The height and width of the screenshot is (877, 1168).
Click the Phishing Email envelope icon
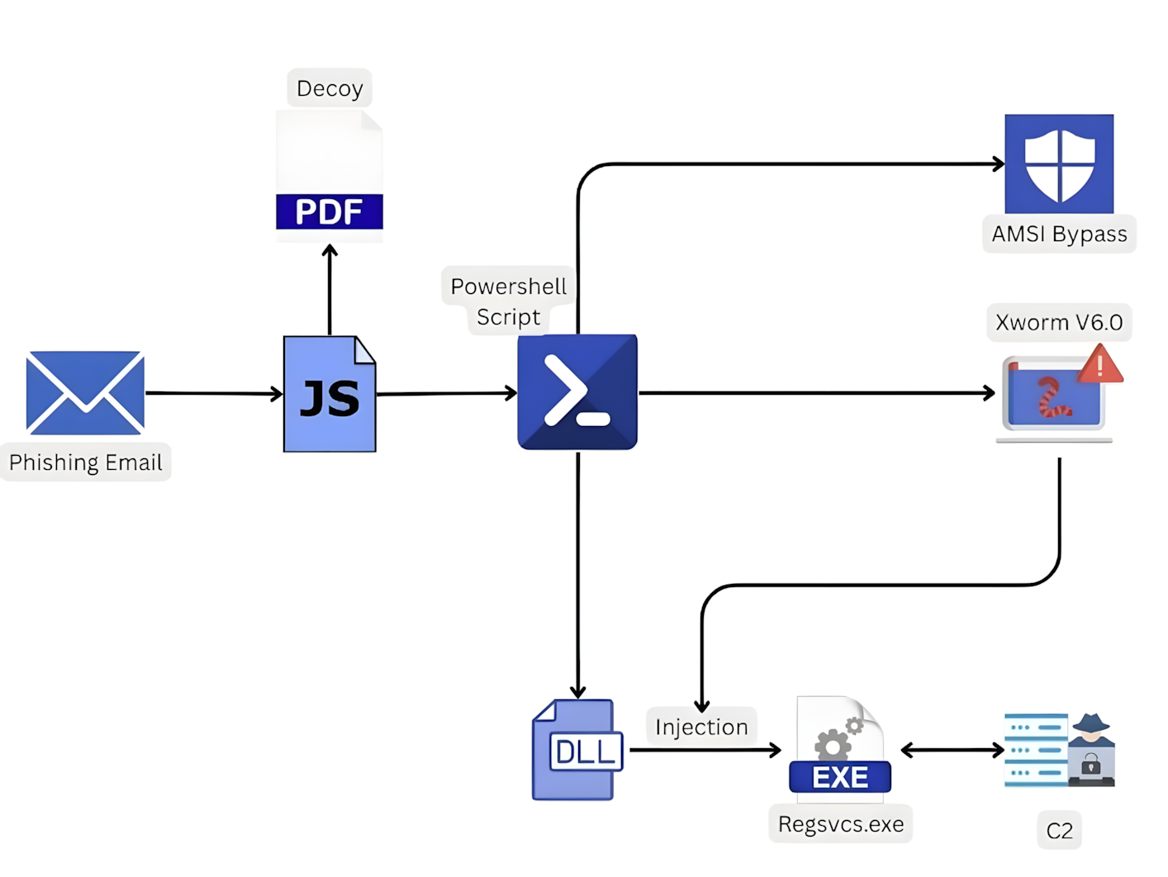(85, 392)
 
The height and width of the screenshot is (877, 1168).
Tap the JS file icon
(330, 394)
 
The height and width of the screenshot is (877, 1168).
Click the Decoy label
(330, 88)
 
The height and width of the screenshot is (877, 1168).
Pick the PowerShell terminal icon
(577, 392)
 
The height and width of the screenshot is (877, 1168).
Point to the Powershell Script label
(508, 301)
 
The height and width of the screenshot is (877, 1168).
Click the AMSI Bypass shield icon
(1059, 164)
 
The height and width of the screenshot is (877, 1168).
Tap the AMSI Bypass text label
(1059, 235)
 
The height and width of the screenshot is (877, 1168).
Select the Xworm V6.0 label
(1059, 322)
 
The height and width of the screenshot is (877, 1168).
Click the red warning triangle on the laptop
(1099, 365)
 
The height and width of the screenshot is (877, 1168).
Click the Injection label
(701, 727)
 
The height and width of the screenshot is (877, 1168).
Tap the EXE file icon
(840, 747)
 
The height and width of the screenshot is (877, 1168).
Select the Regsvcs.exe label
(841, 824)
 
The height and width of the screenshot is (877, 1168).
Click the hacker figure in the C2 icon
(1091, 750)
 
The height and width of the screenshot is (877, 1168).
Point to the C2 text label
(1059, 831)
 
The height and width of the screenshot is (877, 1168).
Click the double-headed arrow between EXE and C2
(952, 750)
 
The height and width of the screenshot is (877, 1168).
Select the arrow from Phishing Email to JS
(214, 393)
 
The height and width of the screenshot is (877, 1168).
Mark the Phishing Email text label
(86, 462)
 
